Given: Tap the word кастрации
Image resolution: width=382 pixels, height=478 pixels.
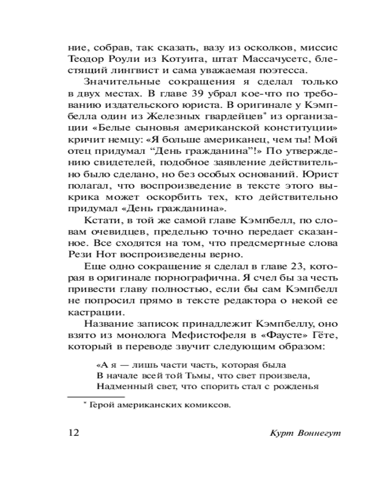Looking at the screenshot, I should pos(89,313).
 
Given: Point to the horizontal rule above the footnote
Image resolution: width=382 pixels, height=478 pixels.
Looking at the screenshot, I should pos(95,396).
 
